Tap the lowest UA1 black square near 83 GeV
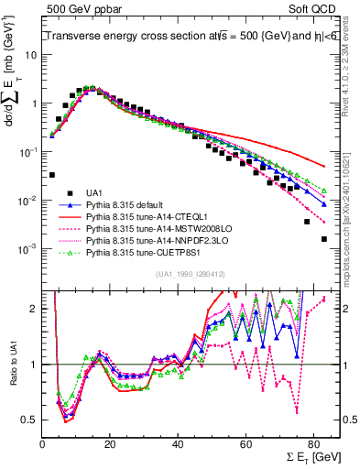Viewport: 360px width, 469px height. [x=323, y=239]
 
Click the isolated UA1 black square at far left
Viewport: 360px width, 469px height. [x=52, y=174]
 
